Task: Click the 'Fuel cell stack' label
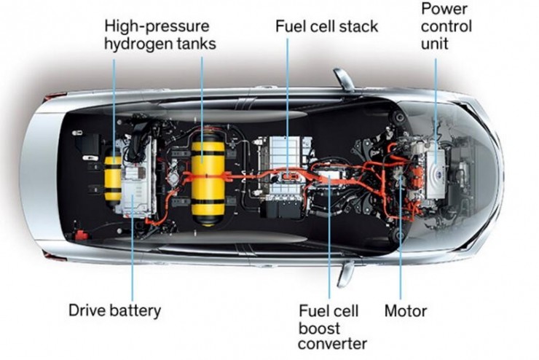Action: tap(326, 26)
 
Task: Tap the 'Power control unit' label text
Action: tap(446, 26)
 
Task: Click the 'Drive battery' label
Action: tap(114, 310)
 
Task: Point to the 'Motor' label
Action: tap(406, 310)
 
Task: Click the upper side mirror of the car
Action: tap(343, 79)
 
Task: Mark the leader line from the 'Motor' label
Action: tap(400, 240)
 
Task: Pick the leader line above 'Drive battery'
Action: tap(132, 255)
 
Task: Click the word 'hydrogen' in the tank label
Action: tap(139, 43)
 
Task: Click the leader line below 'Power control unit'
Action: tap(436, 95)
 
